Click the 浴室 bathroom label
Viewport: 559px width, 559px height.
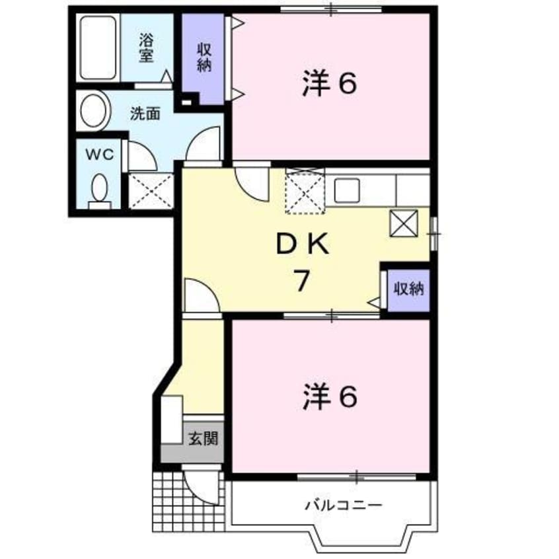point(146,48)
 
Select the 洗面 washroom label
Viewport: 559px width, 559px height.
point(144,113)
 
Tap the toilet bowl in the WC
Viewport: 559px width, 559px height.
point(100,190)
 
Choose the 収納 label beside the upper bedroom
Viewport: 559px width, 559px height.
point(204,57)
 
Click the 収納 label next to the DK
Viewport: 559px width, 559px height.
point(408,289)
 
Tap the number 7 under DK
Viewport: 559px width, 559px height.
point(301,281)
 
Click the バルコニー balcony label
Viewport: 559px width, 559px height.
point(343,505)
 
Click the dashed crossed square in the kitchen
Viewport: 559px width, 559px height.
point(305,192)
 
